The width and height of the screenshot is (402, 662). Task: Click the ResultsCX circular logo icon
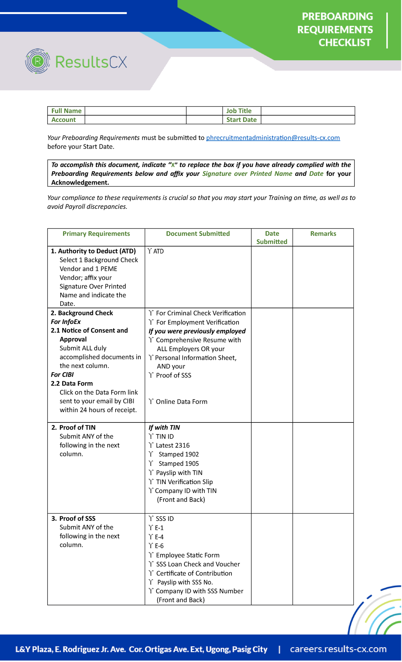[38, 61]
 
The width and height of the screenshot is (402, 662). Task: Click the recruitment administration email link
[273, 138]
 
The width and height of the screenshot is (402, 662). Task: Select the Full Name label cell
[66, 111]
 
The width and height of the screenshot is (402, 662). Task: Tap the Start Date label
[241, 120]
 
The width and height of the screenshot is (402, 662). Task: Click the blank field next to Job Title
[307, 111]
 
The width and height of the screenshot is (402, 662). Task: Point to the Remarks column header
[323, 234]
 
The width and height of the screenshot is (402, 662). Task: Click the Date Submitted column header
[272, 238]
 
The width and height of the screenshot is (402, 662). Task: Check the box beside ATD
[150, 251]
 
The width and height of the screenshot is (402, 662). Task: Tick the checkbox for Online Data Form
[151, 401]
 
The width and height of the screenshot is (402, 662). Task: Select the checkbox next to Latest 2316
[151, 445]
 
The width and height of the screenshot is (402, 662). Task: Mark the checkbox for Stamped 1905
[151, 463]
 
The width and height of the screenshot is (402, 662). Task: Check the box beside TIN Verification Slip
[151, 482]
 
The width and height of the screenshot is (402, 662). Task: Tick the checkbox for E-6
[151, 546]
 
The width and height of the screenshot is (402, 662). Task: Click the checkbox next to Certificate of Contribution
[151, 573]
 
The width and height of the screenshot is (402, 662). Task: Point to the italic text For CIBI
[62, 375]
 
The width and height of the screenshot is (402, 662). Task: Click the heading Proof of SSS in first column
[77, 519]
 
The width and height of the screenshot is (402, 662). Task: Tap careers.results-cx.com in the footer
[338, 649]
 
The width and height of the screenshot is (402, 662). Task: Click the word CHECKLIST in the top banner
[344, 43]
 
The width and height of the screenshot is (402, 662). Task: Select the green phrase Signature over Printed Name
[247, 174]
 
